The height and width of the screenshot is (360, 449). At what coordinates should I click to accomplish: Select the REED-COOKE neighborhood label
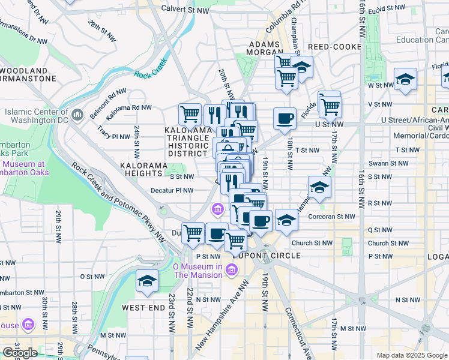point(335,47)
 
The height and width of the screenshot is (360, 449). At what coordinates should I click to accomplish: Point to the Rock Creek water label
point(150,74)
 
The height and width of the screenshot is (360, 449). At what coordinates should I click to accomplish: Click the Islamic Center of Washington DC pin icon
point(77,114)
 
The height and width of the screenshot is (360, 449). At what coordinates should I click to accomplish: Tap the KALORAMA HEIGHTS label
point(149,165)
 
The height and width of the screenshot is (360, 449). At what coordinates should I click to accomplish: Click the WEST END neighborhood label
point(143,307)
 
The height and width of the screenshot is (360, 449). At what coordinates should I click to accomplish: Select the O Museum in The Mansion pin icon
point(230,271)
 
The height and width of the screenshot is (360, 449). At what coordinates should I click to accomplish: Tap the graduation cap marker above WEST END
point(146,281)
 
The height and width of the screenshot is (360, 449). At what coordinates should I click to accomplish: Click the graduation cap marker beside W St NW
point(405,79)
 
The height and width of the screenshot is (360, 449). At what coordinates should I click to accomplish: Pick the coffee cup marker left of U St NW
point(285,117)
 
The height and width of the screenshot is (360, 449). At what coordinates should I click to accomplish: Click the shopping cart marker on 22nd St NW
point(193,232)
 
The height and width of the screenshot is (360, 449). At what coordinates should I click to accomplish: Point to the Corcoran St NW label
point(331,217)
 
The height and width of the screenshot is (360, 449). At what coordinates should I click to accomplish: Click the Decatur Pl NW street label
point(172,191)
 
